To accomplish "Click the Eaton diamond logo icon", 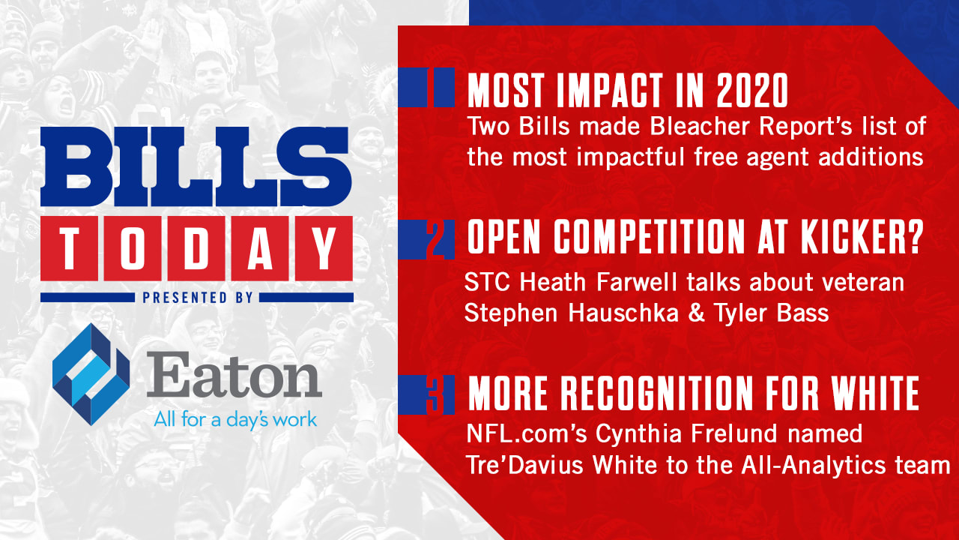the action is pos(91,374).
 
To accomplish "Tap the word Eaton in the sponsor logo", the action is pos(235,374).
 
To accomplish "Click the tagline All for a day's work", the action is pos(235,420).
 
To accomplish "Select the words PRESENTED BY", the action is pos(197,298).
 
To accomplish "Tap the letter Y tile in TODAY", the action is pos(324,248).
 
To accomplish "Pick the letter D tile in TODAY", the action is pos(196,248).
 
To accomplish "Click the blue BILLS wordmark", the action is pos(196,166).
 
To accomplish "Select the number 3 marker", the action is pos(435,394).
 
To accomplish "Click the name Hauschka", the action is pos(623,313).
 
